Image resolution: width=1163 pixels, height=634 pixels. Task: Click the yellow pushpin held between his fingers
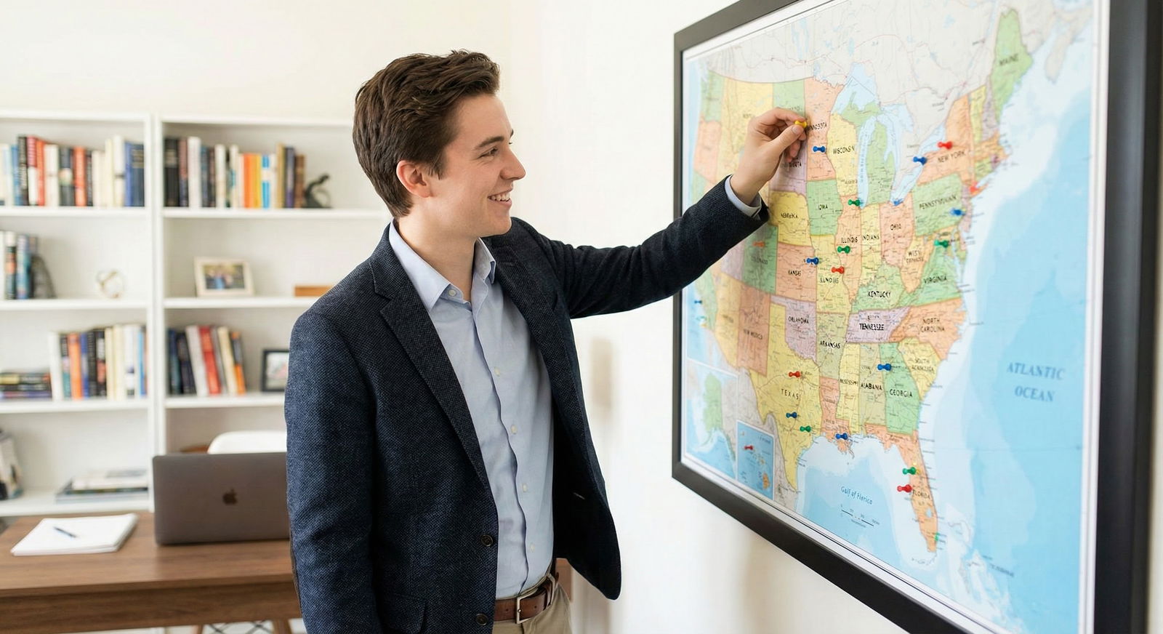[800, 125]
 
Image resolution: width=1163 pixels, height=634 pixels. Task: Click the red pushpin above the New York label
[945, 145]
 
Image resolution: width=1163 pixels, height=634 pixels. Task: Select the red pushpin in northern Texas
[795, 375]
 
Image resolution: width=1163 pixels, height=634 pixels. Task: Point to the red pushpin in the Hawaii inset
[749, 448]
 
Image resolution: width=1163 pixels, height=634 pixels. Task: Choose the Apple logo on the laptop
[230, 497]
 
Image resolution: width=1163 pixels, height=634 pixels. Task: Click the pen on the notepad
[65, 532]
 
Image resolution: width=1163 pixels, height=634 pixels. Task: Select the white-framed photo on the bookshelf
[224, 277]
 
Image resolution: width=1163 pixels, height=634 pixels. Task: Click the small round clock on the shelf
[111, 283]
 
